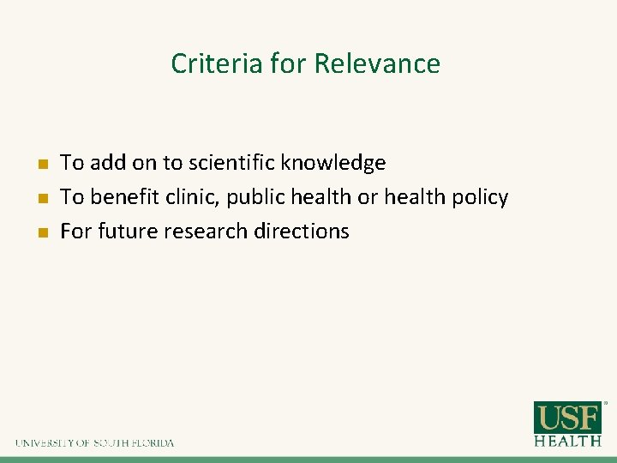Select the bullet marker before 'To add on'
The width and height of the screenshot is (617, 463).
[x=40, y=163]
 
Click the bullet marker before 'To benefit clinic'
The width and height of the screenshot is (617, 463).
[x=40, y=197]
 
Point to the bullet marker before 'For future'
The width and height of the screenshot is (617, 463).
[x=40, y=231]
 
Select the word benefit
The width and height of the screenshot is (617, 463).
[x=119, y=197]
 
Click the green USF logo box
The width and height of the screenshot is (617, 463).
[x=567, y=418]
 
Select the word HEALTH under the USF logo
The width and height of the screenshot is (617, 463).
[x=567, y=441]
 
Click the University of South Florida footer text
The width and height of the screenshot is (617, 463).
[x=94, y=443]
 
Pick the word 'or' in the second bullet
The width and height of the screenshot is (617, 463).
[x=368, y=198]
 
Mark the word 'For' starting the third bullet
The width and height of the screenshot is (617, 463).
[x=75, y=231]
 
